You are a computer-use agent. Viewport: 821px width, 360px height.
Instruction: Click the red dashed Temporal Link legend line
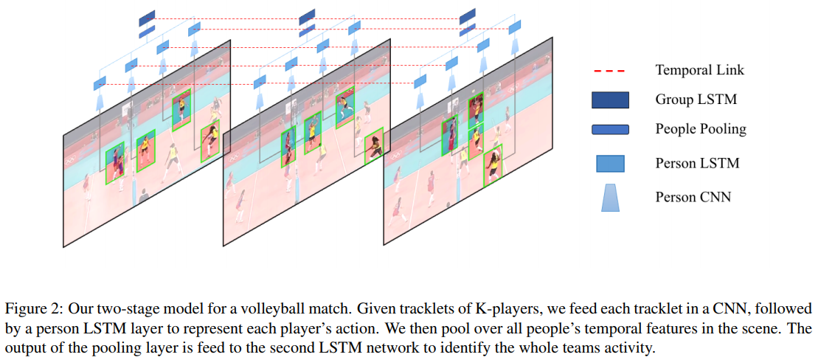610,70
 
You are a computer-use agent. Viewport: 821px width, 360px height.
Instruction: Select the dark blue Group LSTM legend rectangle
610,100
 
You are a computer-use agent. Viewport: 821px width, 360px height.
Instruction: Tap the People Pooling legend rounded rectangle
610,130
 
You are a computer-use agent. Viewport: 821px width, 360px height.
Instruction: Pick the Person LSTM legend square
610,163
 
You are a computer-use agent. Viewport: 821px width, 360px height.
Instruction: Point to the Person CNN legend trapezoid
610,198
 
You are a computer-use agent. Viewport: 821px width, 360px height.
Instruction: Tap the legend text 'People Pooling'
701,129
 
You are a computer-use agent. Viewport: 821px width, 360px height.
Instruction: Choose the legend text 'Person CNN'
693,197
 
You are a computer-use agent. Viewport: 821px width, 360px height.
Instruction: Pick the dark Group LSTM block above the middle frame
307,16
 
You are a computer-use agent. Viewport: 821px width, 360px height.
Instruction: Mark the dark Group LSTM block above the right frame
468,16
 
